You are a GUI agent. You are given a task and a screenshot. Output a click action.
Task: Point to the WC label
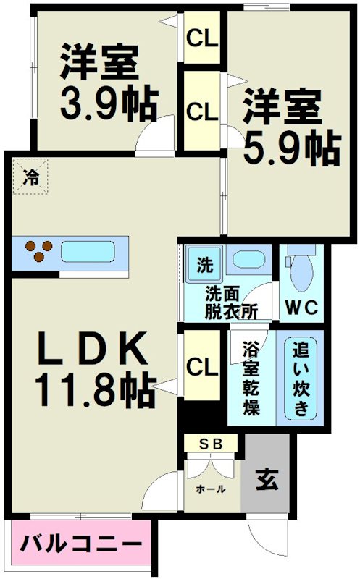click(x=301, y=307)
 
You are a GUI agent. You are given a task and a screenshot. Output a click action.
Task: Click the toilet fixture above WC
click(x=300, y=271)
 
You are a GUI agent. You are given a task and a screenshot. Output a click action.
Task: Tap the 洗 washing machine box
click(x=204, y=265)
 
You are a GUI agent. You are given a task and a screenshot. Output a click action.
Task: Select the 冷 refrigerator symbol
click(x=30, y=177)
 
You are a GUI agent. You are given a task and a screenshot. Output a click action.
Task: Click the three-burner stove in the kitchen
click(x=38, y=252)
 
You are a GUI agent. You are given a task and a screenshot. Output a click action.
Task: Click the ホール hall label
click(x=210, y=489)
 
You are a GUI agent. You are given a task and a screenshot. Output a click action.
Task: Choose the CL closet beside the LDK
click(x=201, y=367)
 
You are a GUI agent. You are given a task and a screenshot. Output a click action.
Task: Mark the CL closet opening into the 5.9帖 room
click(x=202, y=110)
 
